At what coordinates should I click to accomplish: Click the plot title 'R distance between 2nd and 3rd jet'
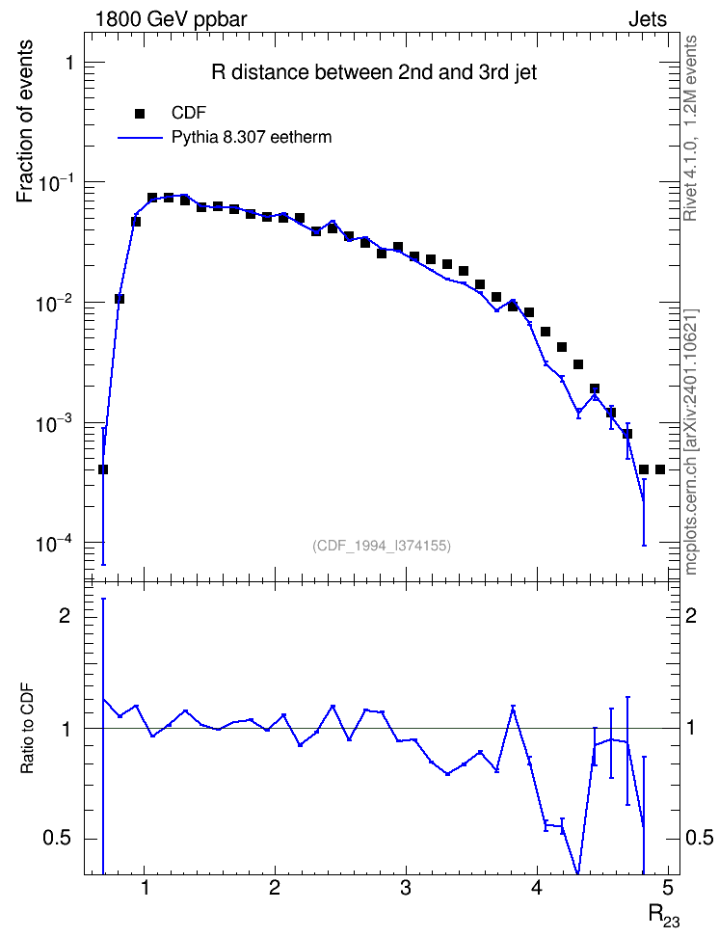(374, 73)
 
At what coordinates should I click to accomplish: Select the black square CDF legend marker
(140, 114)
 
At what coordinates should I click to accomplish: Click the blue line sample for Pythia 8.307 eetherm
(141, 138)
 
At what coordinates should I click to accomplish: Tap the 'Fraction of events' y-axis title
(24, 121)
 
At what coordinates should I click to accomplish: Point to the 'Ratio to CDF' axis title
(27, 728)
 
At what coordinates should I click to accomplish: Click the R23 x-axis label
(664, 915)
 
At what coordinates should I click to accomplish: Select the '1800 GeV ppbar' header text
(171, 19)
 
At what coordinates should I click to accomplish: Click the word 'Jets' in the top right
(648, 19)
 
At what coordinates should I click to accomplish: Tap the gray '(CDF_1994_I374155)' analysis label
(382, 546)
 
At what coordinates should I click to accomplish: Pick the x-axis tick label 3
(406, 888)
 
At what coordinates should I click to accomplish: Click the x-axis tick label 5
(668, 888)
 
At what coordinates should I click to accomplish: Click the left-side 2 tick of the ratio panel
(65, 616)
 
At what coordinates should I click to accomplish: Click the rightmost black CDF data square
(660, 469)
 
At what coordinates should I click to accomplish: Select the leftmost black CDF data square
(103, 469)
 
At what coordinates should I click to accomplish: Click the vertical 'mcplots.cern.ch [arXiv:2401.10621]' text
(691, 442)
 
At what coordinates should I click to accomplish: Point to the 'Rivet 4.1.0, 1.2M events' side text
(691, 128)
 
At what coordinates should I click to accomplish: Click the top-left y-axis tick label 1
(69, 62)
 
